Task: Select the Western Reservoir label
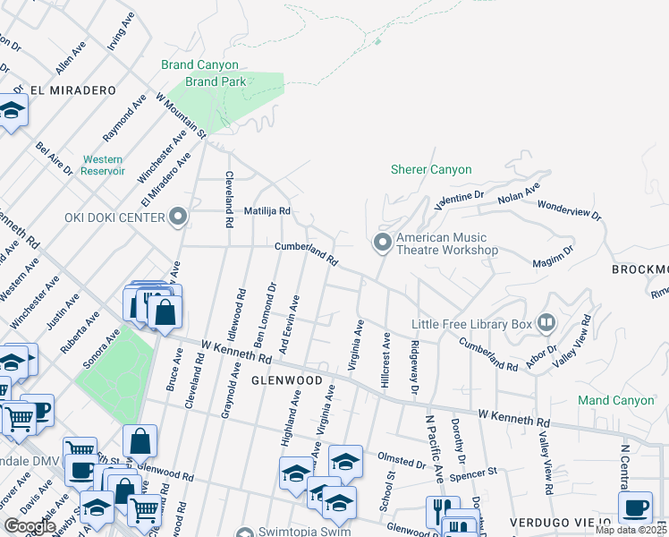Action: [103, 165]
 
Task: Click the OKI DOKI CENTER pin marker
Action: [177, 217]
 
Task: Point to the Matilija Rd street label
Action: [268, 211]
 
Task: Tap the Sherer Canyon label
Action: [431, 169]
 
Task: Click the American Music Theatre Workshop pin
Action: [382, 243]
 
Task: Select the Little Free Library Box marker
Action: [546, 323]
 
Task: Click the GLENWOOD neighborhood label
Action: [285, 380]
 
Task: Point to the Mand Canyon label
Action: [615, 400]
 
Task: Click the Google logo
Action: [30, 525]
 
